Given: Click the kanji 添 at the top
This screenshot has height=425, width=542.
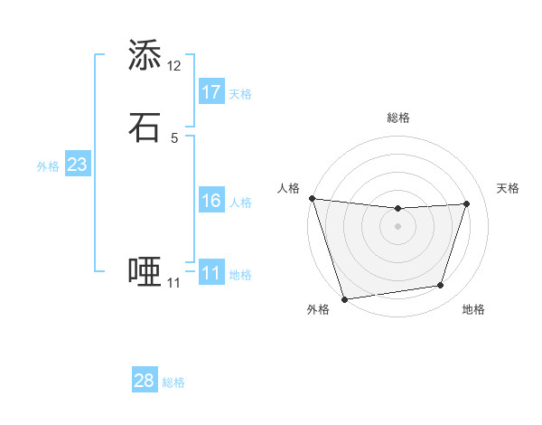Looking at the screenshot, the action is tap(145, 56).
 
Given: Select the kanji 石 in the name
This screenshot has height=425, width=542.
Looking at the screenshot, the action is tap(145, 127).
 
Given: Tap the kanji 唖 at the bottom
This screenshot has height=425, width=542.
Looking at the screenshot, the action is tap(145, 272).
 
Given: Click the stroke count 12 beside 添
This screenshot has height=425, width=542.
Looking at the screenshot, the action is tap(174, 66).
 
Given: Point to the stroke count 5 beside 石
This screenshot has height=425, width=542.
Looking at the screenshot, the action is tap(174, 138).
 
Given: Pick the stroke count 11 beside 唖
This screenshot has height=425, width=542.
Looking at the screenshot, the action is tap(174, 283).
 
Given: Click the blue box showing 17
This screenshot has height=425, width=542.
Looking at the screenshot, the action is tap(211, 91).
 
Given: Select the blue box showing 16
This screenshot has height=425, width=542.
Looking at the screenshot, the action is tap(211, 201).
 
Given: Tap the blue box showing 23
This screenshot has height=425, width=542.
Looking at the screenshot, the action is tap(77, 165).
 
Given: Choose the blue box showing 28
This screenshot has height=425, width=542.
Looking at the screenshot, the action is tap(145, 381).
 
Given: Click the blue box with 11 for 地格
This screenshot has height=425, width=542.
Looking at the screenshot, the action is tap(211, 273).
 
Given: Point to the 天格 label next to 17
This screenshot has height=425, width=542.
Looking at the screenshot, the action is tap(240, 94).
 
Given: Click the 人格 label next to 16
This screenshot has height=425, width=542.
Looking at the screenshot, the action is tap(240, 203).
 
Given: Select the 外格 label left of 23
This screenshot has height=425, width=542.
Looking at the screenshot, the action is tap(48, 166).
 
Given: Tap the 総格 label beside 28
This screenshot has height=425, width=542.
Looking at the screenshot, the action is tap(173, 382).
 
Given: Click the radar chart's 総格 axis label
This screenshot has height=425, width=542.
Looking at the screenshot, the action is tap(397, 118).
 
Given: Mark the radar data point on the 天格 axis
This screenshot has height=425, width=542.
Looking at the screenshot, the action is tap(467, 203).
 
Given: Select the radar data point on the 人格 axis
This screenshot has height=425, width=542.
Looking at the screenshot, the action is tap(312, 198).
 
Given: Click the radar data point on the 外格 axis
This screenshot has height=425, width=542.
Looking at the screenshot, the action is tap(344, 298).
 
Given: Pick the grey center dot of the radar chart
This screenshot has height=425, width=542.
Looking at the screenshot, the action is tap(397, 226).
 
